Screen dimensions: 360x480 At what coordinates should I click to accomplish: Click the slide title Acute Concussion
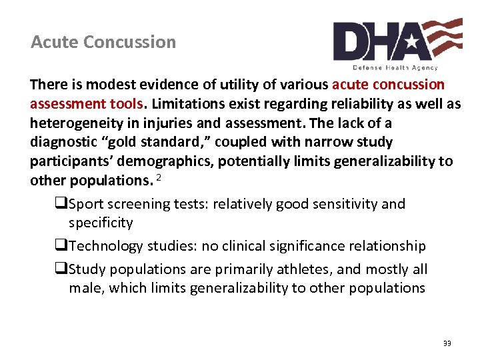click(103, 42)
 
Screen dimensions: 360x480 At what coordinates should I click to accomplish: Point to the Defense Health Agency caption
click(395, 67)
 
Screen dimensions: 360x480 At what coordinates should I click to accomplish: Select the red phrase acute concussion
click(388, 85)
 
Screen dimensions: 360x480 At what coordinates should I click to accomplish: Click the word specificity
click(101, 223)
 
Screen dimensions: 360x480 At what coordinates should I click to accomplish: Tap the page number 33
click(447, 343)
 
